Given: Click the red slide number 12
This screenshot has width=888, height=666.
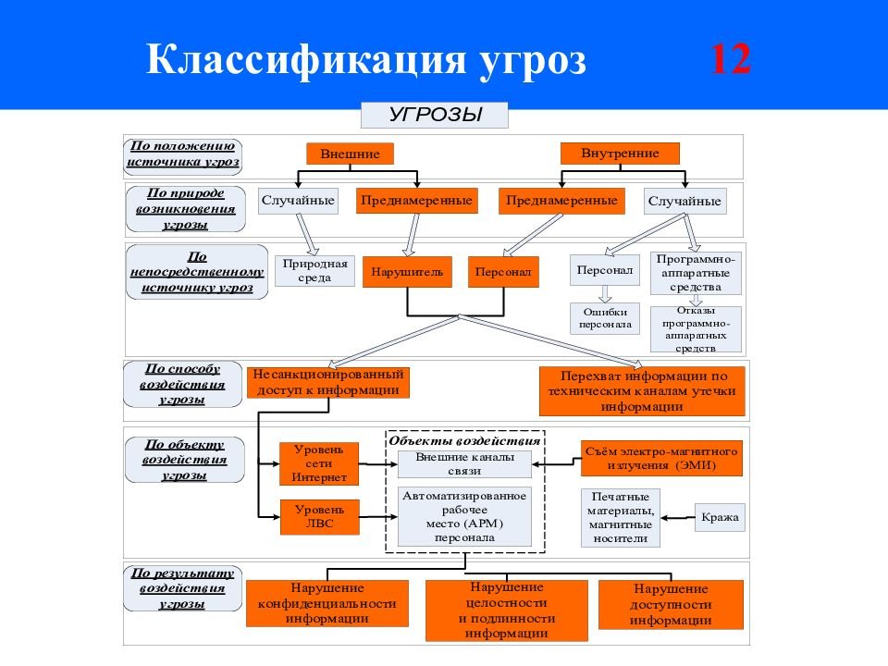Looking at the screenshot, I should click(x=730, y=61).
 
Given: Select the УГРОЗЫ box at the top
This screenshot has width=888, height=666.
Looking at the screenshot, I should click(x=435, y=116).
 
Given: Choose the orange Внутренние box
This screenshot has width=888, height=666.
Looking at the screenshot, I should click(x=620, y=153).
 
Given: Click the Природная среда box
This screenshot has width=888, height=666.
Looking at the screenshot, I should click(x=314, y=270).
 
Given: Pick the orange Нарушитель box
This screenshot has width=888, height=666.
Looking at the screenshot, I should click(x=407, y=272).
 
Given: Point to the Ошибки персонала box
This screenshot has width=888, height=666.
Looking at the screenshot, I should click(x=605, y=318).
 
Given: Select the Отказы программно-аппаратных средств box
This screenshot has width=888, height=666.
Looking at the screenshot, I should click(x=697, y=329).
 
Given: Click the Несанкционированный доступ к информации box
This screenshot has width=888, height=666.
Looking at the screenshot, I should click(x=328, y=382).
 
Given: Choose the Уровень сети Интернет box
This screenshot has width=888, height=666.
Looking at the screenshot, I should click(x=319, y=463).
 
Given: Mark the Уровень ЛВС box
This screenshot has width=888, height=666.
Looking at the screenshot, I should click(x=319, y=516).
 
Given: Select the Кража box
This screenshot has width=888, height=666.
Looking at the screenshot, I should click(x=720, y=517).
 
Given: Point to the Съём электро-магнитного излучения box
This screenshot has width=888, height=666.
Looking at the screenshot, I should click(x=661, y=458).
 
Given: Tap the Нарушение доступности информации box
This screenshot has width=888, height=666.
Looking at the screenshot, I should click(x=671, y=604).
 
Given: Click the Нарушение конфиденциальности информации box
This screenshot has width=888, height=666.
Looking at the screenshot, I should click(x=327, y=603).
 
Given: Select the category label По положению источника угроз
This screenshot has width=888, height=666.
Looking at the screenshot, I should click(x=183, y=154).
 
